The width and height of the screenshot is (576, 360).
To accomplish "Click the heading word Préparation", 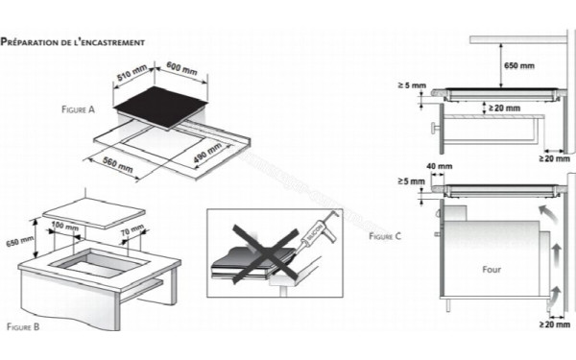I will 29,42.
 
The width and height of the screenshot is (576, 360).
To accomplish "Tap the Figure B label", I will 23,328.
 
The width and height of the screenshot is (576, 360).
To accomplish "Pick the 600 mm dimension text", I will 180,70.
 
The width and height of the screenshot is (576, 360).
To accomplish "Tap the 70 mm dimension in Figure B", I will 132,230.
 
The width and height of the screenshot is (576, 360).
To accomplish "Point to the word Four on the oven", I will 491,270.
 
